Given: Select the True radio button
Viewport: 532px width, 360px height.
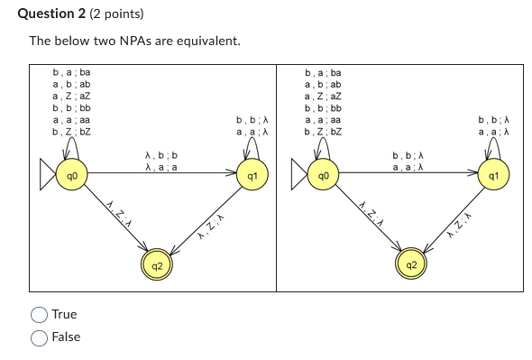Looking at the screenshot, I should [40, 315].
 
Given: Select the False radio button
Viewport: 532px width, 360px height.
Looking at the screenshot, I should [40, 337].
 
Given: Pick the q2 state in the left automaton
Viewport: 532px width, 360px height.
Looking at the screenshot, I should [157, 265].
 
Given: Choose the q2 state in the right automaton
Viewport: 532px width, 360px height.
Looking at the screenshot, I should [411, 265].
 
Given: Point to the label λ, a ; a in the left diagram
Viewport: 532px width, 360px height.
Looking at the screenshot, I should [161, 167].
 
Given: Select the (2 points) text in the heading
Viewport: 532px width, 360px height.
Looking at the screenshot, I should [114, 14].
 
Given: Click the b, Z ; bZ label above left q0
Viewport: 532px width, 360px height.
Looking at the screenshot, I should [72, 131].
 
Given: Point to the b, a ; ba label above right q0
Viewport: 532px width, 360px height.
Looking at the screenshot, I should [324, 72].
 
